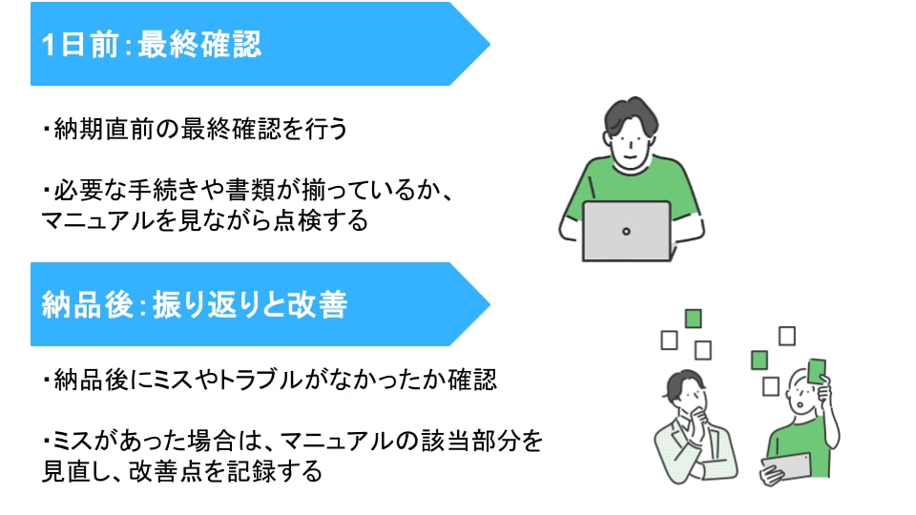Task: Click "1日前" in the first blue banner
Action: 80,45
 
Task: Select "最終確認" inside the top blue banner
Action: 199,45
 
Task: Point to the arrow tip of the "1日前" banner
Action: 489,44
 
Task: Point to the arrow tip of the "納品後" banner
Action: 489,304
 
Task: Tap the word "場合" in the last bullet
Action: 212,441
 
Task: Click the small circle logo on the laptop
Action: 626,231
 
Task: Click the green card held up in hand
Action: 817,370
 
